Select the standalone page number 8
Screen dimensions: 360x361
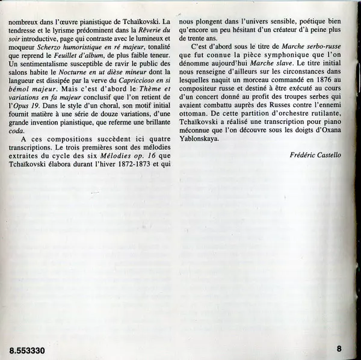point(339,348)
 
